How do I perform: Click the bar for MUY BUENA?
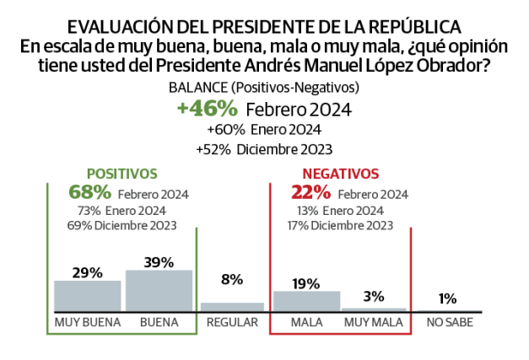(x=88, y=296)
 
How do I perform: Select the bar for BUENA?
(x=158, y=291)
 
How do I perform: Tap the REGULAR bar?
(x=232, y=307)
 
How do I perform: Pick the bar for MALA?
(x=306, y=301)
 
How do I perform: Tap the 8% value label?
(x=232, y=279)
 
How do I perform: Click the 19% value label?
(x=306, y=282)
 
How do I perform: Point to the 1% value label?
(x=448, y=298)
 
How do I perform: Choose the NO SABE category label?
(x=448, y=323)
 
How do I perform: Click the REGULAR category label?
(x=232, y=323)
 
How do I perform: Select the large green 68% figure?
(x=89, y=191)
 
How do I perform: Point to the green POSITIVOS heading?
(x=123, y=173)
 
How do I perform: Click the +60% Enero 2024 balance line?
(x=263, y=130)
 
